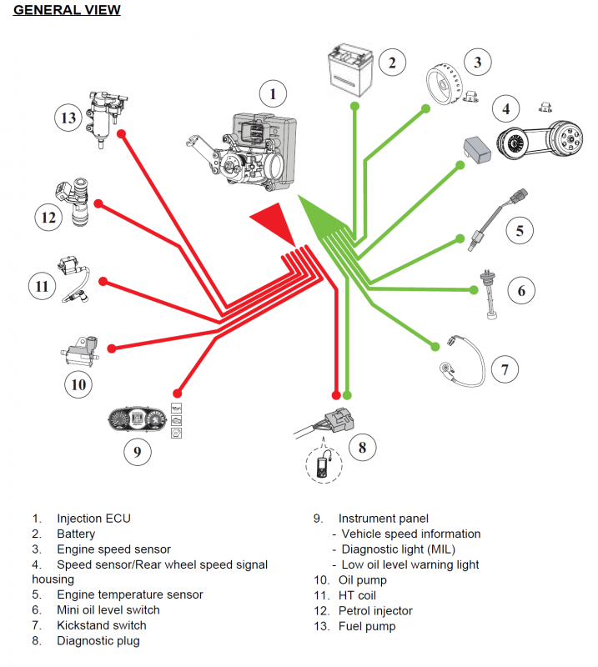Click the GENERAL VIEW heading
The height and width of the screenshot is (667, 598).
coord(68,10)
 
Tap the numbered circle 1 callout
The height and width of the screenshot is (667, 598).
coord(272,94)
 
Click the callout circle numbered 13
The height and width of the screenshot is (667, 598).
coord(69,118)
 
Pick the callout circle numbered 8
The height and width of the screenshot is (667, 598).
coord(362,448)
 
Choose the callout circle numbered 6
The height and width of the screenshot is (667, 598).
coord(521,290)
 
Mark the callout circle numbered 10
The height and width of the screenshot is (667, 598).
coord(78,384)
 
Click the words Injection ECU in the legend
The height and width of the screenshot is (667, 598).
coord(93,519)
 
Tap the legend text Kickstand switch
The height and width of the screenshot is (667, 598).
coord(101,625)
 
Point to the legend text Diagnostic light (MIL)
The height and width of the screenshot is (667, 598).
coord(398,549)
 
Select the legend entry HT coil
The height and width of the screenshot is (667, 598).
coord(357,595)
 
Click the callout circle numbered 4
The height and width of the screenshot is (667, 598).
coord(505,108)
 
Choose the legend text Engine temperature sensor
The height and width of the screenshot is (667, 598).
coord(129,594)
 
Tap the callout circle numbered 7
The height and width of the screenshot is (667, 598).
coord(505,369)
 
